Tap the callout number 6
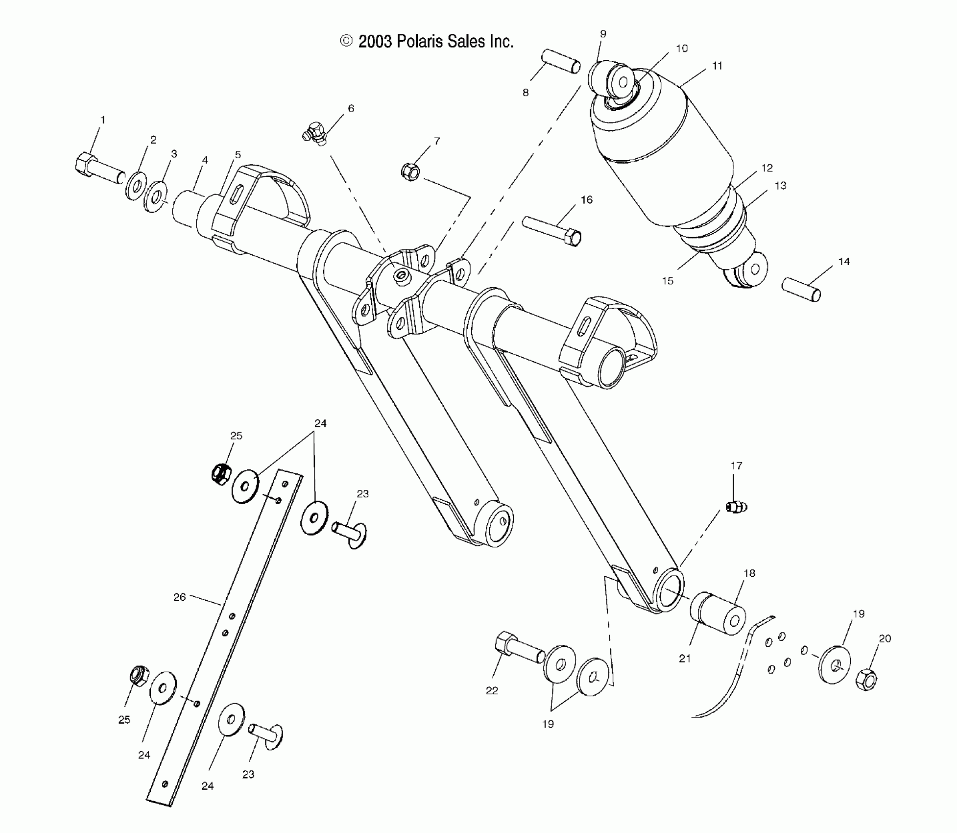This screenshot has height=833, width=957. coord(351,108)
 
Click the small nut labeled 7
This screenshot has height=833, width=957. coord(409,171)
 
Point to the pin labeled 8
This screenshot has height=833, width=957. coord(561,60)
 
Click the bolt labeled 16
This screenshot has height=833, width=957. coord(552,230)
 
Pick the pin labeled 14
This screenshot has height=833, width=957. coord(801,289)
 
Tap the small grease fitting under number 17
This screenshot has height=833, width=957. coord(735,507)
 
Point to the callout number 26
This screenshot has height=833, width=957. coord(180,597)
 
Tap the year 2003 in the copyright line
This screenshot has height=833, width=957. coord(375,42)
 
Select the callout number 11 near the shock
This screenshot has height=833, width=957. coord(717,66)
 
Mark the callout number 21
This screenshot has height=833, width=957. coord(685,659)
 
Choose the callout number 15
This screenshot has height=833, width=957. coord(668,281)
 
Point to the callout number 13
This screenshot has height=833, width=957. coord(780,186)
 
